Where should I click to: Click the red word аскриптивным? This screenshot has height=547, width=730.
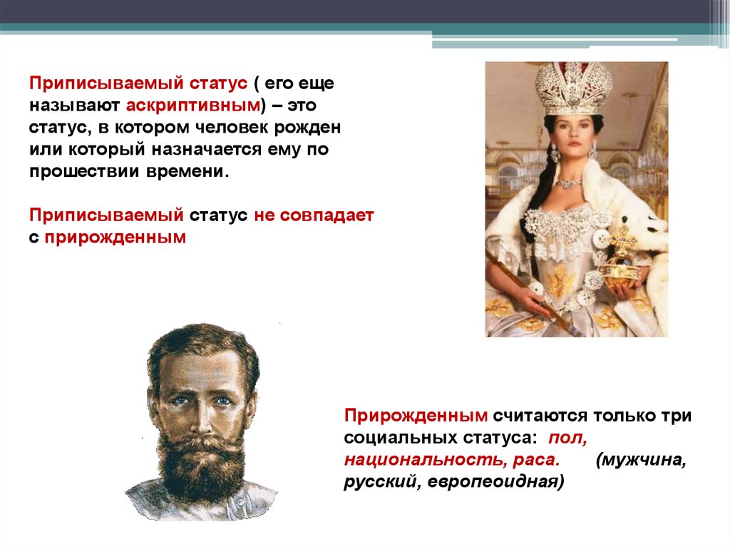(192, 106)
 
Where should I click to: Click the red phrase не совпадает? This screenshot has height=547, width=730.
(314, 215)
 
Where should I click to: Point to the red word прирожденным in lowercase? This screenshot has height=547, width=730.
(115, 238)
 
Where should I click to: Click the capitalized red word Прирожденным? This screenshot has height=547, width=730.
(416, 416)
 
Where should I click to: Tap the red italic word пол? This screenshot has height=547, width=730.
(567, 438)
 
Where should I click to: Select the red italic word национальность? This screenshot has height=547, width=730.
(426, 460)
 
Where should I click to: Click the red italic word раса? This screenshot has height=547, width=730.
(536, 460)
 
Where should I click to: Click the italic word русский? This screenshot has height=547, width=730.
(383, 482)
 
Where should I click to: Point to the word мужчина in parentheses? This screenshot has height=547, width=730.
(641, 460)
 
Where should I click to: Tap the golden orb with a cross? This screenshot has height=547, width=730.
(621, 263)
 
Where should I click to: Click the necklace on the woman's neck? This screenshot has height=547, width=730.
(570, 182)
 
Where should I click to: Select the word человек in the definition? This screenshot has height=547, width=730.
(231, 127)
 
